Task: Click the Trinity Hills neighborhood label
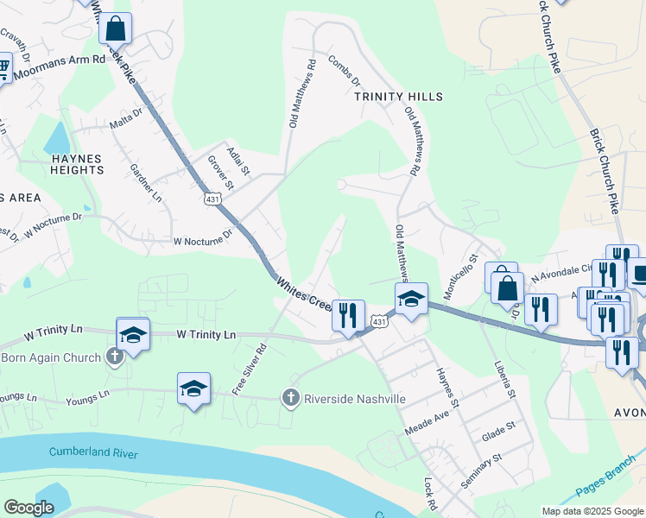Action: tap(399, 97)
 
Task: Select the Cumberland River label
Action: tap(93, 452)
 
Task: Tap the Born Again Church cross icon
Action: tap(115, 357)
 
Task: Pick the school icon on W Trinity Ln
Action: tap(133, 333)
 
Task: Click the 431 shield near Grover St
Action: tap(213, 199)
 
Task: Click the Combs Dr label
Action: tap(345, 71)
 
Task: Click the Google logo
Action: tap(28, 508)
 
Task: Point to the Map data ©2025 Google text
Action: tap(592, 511)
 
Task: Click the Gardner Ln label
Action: tap(145, 183)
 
